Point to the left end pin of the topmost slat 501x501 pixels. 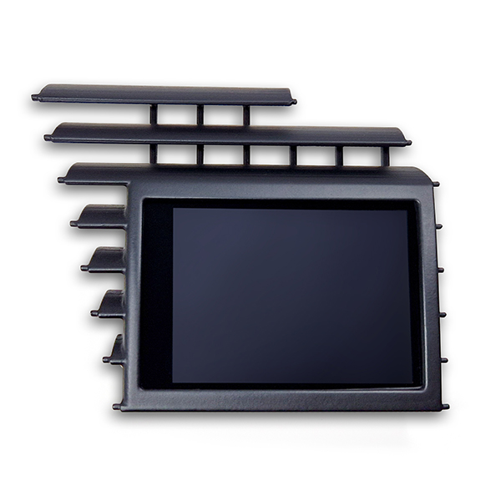tap(35, 98)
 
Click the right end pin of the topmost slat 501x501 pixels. tap(293, 102)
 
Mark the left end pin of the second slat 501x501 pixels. tap(48, 137)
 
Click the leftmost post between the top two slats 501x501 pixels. tap(154, 114)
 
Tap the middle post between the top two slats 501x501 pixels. tap(200, 114)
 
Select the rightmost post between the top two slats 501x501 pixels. tap(246, 115)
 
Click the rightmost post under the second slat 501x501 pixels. tap(385, 156)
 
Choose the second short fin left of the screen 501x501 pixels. tap(106, 260)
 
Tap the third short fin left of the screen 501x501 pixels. tap(111, 303)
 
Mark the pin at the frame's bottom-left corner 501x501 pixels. tap(117, 407)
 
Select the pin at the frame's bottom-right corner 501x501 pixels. tap(445, 407)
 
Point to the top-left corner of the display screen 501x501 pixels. tap(174, 210)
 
